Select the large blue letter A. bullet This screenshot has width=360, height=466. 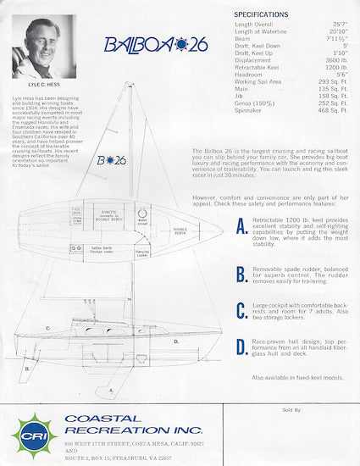click(x=241, y=229)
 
